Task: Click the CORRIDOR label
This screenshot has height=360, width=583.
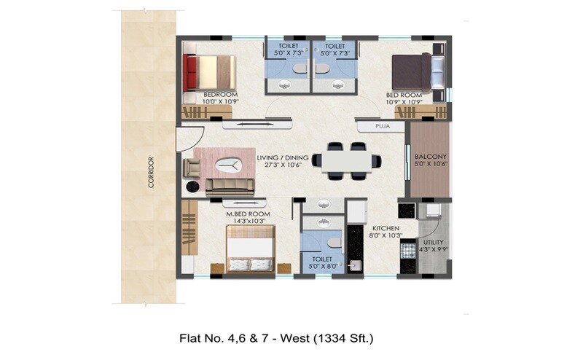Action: pos(151,172)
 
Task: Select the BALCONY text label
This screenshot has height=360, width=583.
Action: pos(430,157)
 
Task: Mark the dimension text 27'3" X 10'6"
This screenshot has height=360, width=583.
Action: pos(283,165)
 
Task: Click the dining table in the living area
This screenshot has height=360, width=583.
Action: pos(346,160)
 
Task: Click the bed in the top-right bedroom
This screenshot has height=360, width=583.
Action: pos(416,72)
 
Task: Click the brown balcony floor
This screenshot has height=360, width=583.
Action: pos(430,179)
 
